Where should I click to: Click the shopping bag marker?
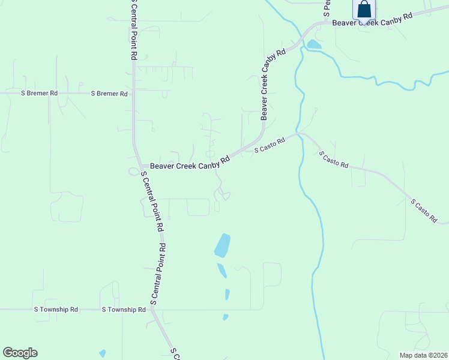pos(364,10)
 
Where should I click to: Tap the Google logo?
pos(20,353)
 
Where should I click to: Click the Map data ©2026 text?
pos(423,355)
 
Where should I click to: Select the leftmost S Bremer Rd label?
pos(39,94)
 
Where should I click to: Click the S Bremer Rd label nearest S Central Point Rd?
pos(109,94)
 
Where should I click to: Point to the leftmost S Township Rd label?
pos(56,310)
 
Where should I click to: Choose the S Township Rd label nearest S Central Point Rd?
pos(124,310)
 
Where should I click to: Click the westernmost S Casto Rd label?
pos(270,145)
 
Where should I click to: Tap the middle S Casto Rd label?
pos(333,160)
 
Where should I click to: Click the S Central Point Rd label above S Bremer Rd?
pos(134,29)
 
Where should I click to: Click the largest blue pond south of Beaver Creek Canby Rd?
pos(222,245)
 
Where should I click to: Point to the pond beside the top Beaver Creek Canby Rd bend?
pos(313,44)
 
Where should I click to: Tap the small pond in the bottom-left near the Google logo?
pos(103,354)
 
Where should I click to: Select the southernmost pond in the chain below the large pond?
pos(225,317)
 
